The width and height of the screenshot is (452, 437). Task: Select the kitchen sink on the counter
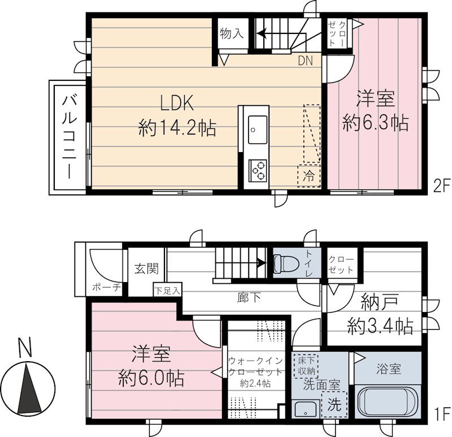click(x=257, y=129)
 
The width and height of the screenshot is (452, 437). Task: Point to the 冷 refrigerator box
click(x=308, y=174)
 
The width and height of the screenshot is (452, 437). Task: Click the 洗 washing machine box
click(x=334, y=405)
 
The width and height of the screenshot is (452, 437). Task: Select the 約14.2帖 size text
click(x=176, y=128)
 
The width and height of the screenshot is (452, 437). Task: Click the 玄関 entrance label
click(x=146, y=269)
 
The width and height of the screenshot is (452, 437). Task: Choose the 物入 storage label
click(x=231, y=34)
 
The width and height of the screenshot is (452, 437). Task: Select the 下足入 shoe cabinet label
click(x=168, y=291)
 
